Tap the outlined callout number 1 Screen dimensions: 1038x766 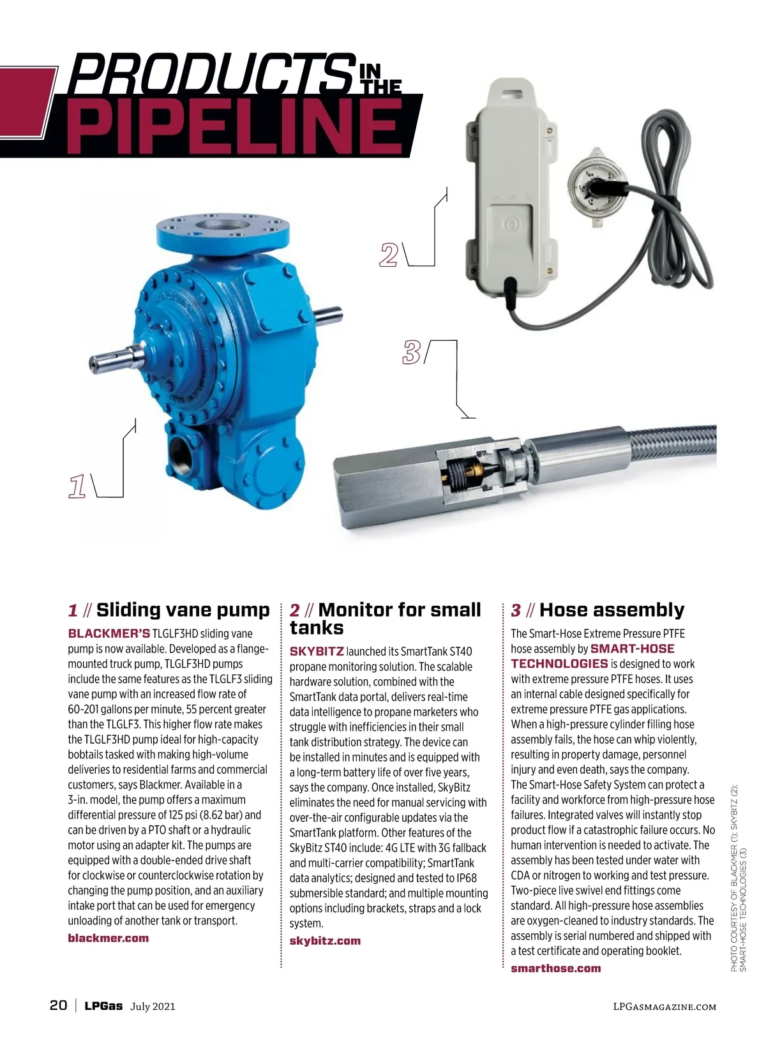[77, 486]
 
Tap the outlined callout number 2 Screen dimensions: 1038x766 [388, 255]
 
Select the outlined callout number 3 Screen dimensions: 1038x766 [412, 352]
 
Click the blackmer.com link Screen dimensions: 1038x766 [108, 938]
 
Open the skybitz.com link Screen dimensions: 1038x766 [325, 940]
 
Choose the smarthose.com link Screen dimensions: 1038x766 [555, 968]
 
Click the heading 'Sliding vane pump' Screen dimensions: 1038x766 [183, 610]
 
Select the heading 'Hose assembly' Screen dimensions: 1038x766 [612, 610]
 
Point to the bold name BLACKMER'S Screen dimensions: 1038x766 [109, 633]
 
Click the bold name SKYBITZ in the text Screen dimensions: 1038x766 [317, 651]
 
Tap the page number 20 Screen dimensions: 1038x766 [58, 1005]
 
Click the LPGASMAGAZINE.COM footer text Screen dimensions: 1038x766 [664, 1007]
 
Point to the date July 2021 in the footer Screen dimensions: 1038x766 [153, 1007]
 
